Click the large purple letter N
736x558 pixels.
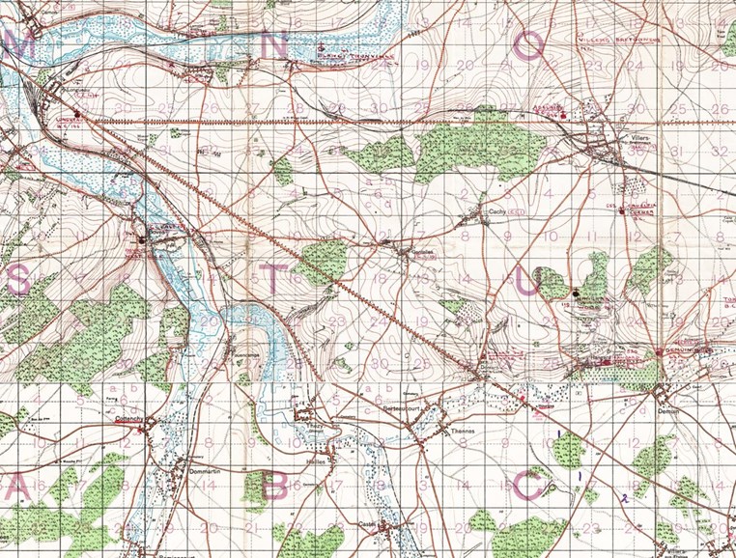(274, 45)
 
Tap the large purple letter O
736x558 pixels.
(528, 45)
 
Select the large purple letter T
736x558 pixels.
(273, 277)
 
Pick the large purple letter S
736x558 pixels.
(17, 279)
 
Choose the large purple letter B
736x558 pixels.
(274, 487)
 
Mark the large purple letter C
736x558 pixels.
(528, 487)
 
